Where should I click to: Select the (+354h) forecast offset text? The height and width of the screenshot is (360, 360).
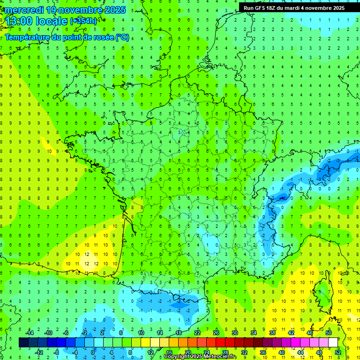click(x=83, y=21)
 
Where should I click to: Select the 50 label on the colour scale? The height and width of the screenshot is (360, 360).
click(x=329, y=332)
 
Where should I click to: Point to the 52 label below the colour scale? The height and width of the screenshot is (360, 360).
click(x=338, y=352)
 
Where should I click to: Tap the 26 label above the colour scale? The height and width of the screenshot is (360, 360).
click(x=216, y=332)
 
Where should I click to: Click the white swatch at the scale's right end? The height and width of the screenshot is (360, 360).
click(x=333, y=342)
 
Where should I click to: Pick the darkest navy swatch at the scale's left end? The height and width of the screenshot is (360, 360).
click(x=23, y=342)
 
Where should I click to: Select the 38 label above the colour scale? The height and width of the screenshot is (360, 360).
click(x=272, y=332)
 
